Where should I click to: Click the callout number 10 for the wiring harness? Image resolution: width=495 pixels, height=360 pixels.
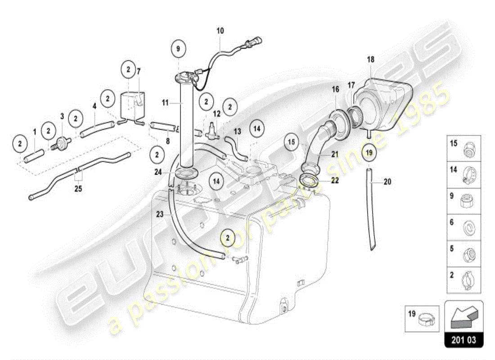[x=220, y=31]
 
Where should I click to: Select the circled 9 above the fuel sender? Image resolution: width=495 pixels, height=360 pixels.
[x=178, y=48]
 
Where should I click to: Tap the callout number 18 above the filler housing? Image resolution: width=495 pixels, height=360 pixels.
[x=370, y=59]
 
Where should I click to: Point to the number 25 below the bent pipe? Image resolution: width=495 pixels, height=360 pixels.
[x=78, y=188]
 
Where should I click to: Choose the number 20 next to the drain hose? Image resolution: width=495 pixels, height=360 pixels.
[x=387, y=182]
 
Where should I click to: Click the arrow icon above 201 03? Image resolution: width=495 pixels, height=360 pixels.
[x=463, y=316]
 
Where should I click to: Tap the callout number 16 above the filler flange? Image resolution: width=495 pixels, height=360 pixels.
[x=336, y=90]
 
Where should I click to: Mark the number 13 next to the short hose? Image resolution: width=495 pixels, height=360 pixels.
[x=238, y=131]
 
